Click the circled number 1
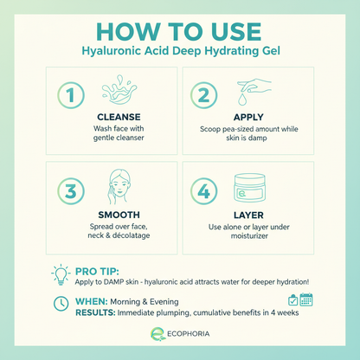(x=71, y=95)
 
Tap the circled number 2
(x=203, y=95)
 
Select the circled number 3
(x=71, y=191)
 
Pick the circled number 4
(x=203, y=191)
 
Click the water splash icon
(x=119, y=90)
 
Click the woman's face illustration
(x=119, y=187)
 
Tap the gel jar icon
(x=249, y=188)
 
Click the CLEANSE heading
(x=119, y=117)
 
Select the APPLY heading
(x=248, y=117)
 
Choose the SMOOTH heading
(x=119, y=215)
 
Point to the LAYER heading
(x=248, y=215)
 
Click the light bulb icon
(x=61, y=274)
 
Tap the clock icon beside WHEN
(x=61, y=304)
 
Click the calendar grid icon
(x=306, y=299)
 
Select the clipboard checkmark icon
(x=292, y=300)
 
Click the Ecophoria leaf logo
(x=157, y=334)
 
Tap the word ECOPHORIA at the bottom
(x=189, y=334)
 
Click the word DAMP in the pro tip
(x=114, y=282)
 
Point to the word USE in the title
(x=236, y=31)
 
